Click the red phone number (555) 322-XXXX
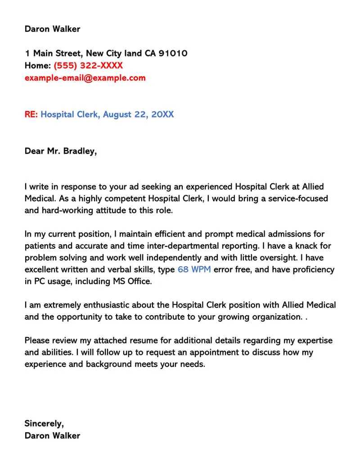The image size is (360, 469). click(88, 66)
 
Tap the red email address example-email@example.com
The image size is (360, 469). click(85, 78)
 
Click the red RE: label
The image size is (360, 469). click(31, 114)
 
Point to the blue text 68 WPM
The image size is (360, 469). click(194, 270)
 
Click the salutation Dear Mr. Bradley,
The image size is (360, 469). click(61, 151)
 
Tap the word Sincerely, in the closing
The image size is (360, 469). click(44, 423)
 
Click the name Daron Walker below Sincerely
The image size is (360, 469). click(52, 435)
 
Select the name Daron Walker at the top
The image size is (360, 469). click(52, 29)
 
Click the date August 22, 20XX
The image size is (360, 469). click(138, 114)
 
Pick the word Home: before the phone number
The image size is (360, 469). click(38, 66)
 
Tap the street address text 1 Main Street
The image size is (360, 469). click(53, 54)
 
